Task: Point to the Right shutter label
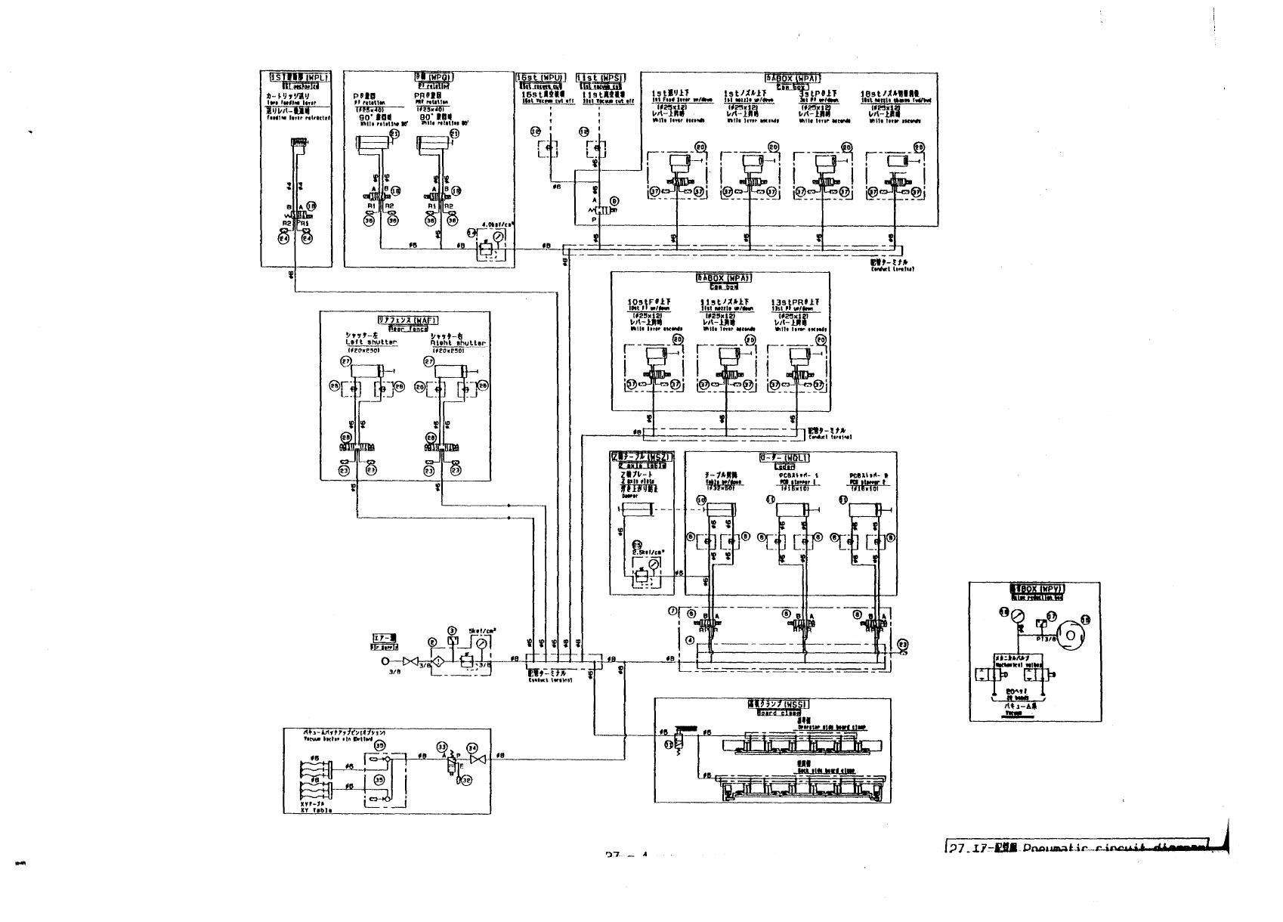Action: coord(463,342)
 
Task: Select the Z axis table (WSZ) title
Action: coord(639,457)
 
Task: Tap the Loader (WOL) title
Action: coord(785,458)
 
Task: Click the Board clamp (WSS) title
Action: coord(773,704)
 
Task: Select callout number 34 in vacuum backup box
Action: coord(474,746)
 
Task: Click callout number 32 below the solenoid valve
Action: coord(466,781)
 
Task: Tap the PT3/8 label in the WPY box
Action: coord(1047,639)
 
